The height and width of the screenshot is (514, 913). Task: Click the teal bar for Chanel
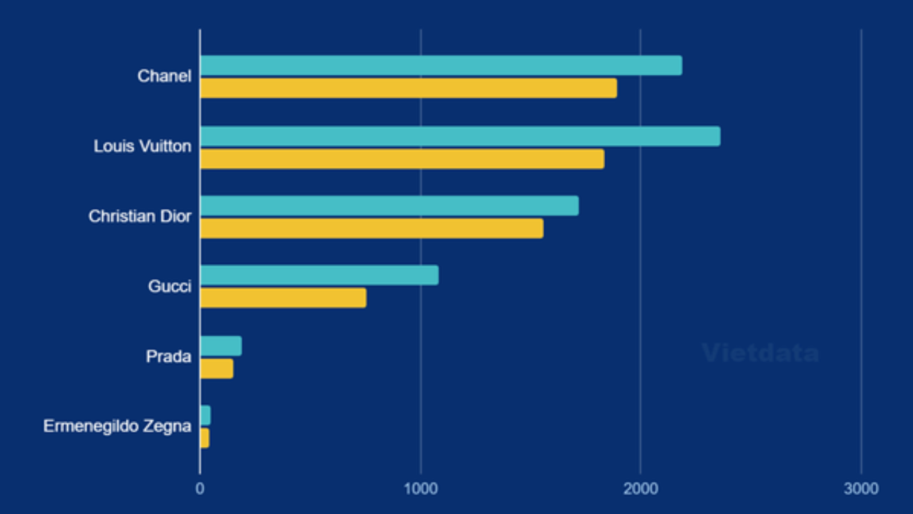[441, 66]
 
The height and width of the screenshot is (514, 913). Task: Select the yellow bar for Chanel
[408, 89]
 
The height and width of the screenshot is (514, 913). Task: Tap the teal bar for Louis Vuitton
[460, 136]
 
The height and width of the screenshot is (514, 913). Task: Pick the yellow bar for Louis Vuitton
[402, 159]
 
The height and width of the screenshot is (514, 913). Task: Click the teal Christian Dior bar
[389, 206]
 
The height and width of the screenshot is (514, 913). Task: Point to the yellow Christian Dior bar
[372, 228]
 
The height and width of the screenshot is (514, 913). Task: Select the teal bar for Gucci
[319, 275]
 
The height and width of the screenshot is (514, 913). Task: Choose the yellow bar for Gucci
[283, 298]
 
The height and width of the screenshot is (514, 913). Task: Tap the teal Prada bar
[221, 346]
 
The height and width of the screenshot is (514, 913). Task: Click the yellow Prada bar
[217, 369]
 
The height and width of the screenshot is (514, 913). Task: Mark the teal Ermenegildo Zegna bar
[206, 415]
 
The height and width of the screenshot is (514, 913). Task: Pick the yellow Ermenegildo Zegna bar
[205, 438]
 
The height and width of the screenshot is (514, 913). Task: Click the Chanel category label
[164, 76]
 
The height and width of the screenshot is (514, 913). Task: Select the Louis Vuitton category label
[142, 146]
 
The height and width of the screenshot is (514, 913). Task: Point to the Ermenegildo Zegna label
[117, 426]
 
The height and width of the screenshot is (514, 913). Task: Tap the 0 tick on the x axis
[200, 489]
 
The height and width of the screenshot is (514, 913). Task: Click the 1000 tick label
[420, 489]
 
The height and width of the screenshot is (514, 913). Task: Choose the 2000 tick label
[641, 489]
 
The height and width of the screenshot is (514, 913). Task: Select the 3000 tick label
[861, 489]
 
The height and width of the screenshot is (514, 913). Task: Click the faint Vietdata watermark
[760, 352]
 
